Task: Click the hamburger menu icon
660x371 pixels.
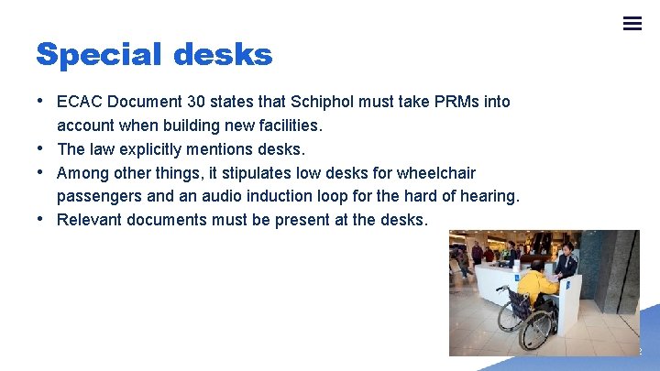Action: (632, 24)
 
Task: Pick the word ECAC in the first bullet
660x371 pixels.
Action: (79, 102)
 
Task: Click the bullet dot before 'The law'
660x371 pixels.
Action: (42, 147)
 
